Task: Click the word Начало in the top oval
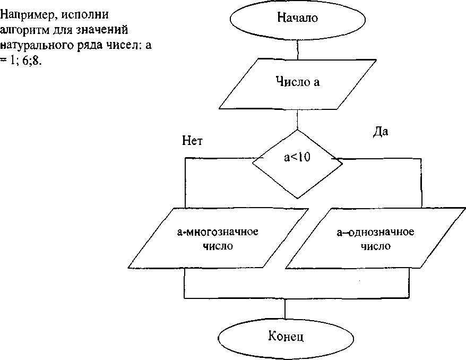297,18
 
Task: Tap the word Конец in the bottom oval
286,337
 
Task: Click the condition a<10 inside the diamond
297,158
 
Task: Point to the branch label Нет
192,140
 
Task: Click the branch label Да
381,132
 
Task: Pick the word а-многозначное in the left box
218,232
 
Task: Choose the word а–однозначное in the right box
376,232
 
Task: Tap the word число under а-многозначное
218,246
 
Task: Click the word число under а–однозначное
376,246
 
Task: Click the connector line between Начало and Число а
298,49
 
